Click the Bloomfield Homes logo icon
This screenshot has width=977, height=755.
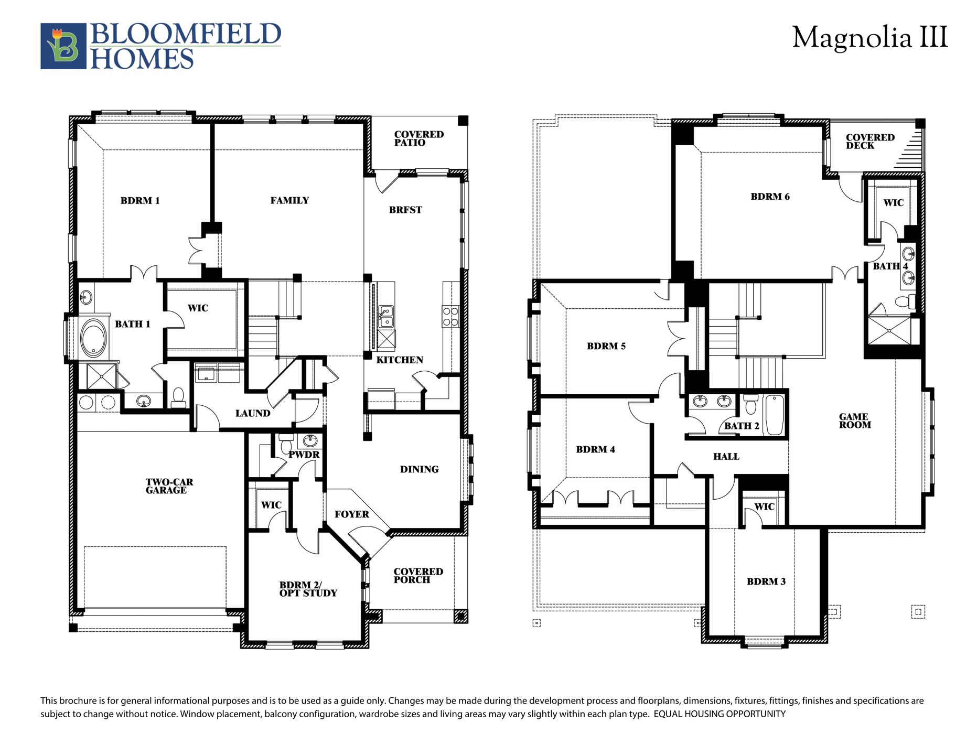click(63, 46)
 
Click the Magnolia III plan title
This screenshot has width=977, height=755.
click(869, 38)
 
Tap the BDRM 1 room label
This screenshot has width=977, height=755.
click(140, 200)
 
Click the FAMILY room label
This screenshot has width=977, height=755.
click(289, 200)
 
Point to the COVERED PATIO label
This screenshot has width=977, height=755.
click(418, 138)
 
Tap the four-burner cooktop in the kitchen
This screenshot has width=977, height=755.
click(450, 317)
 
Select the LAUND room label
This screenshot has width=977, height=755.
click(253, 413)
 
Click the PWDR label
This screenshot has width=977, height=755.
click(304, 455)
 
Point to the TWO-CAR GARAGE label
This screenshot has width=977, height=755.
click(169, 486)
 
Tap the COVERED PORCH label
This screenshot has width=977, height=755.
click(418, 575)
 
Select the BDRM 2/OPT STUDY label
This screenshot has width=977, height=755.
click(308, 589)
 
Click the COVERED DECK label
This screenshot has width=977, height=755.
click(869, 142)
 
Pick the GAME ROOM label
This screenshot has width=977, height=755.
click(854, 420)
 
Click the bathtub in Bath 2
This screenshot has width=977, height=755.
click(774, 415)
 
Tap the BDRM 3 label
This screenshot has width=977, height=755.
click(766, 581)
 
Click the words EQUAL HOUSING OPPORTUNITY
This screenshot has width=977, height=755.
click(719, 714)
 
